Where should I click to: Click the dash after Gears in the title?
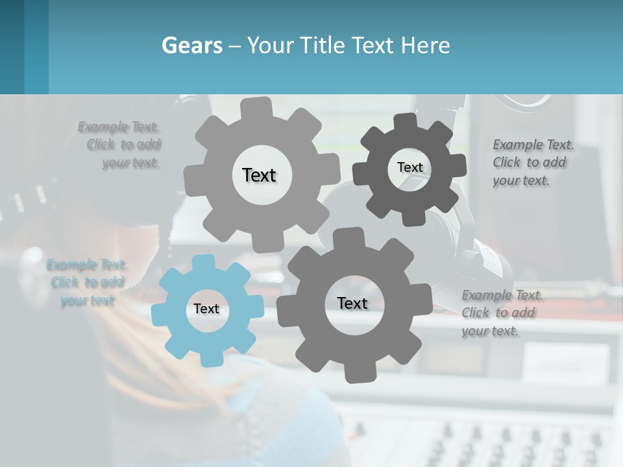click(x=234, y=46)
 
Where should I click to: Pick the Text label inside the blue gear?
click(x=206, y=309)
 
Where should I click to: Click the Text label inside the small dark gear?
click(x=409, y=167)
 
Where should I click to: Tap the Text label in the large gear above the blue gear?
click(x=259, y=175)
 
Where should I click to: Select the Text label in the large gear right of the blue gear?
click(x=352, y=303)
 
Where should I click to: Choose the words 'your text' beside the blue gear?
click(x=88, y=300)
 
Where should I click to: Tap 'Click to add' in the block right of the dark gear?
click(x=529, y=162)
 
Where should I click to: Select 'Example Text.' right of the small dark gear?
click(x=533, y=145)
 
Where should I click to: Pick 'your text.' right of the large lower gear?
click(x=491, y=331)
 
